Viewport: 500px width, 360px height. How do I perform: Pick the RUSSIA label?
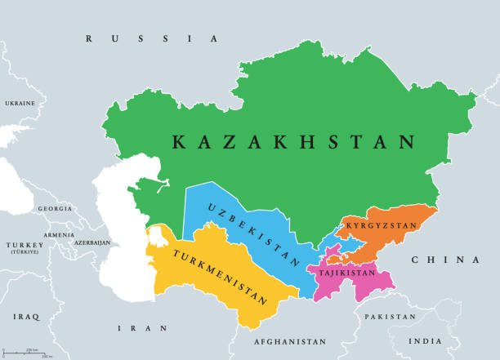point(152,38)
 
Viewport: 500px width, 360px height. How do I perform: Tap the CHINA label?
point(445,260)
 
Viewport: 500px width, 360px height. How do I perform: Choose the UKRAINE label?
point(20,104)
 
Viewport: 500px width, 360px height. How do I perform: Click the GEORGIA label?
point(55,209)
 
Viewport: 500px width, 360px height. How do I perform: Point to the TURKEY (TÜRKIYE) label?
point(23,248)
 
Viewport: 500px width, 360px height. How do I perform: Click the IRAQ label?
point(25,314)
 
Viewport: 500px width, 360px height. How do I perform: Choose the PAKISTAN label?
point(391,316)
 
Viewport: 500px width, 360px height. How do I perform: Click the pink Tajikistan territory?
point(372,286)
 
